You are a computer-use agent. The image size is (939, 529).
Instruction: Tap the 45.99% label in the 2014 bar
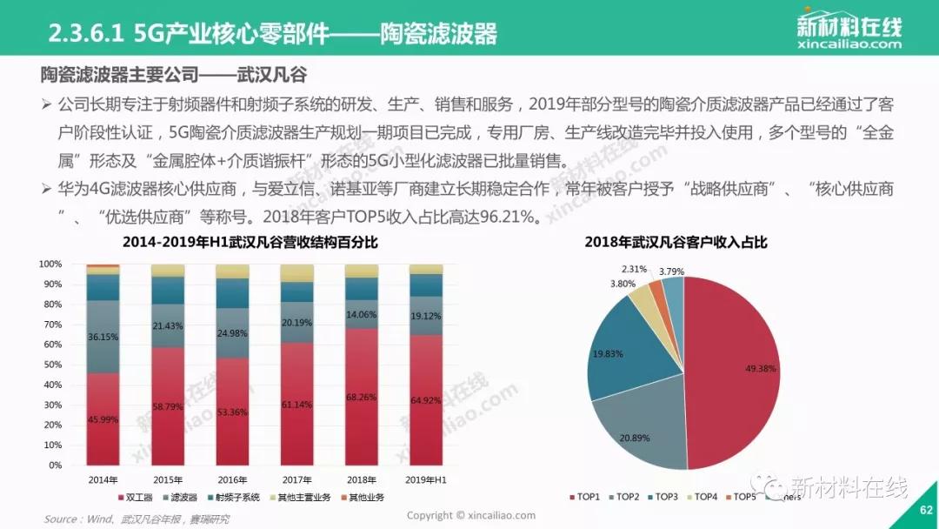tap(103, 421)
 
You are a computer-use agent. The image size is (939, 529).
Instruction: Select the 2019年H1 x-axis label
tap(425, 479)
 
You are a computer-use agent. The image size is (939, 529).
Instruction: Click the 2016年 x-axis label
tap(232, 479)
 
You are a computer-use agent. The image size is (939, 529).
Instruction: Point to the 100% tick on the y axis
tap(50, 264)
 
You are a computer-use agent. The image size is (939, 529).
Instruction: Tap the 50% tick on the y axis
tap(52, 365)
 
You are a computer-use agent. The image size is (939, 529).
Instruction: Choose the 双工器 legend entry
tap(145, 498)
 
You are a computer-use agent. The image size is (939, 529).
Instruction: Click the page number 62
tap(924, 511)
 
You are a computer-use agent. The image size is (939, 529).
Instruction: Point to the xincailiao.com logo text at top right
tap(849, 43)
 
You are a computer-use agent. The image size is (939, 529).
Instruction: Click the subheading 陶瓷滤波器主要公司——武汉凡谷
tap(174, 74)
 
